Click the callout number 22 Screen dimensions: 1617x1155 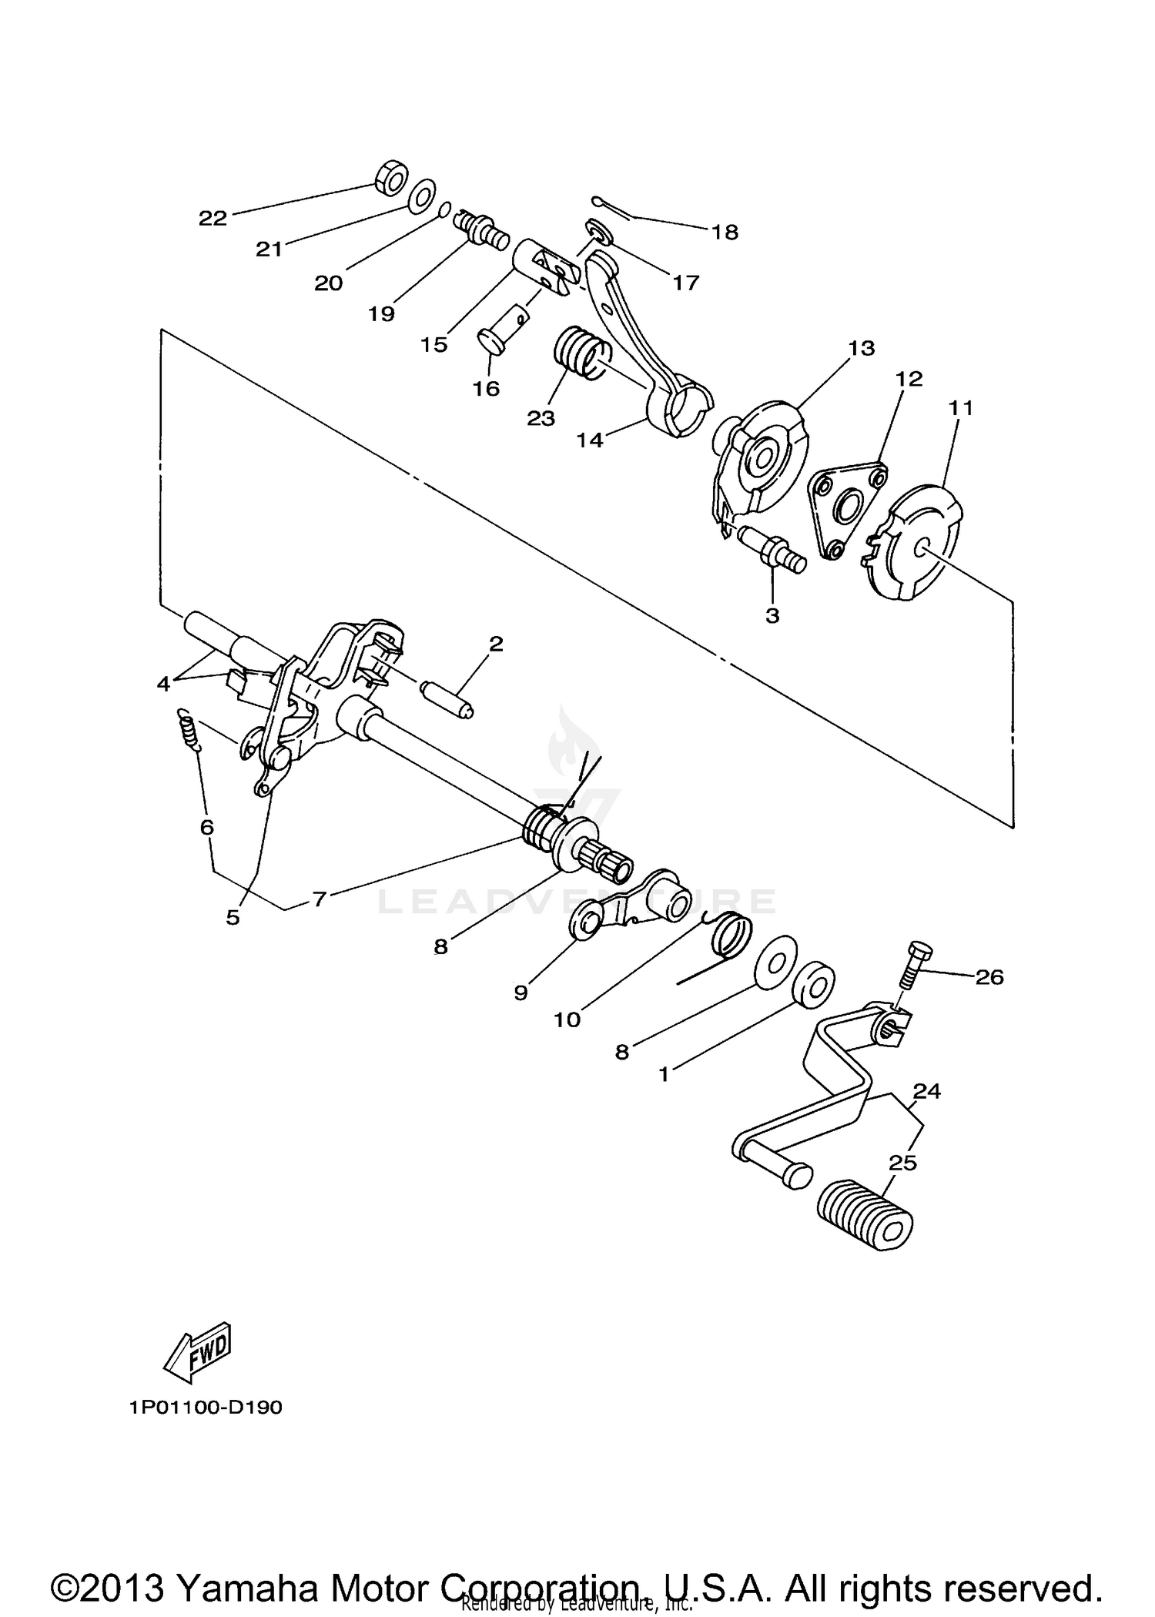[x=213, y=219]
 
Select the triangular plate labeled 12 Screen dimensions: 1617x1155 [x=845, y=509]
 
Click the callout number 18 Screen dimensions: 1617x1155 [x=725, y=232]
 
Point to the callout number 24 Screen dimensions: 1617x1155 [x=927, y=1091]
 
